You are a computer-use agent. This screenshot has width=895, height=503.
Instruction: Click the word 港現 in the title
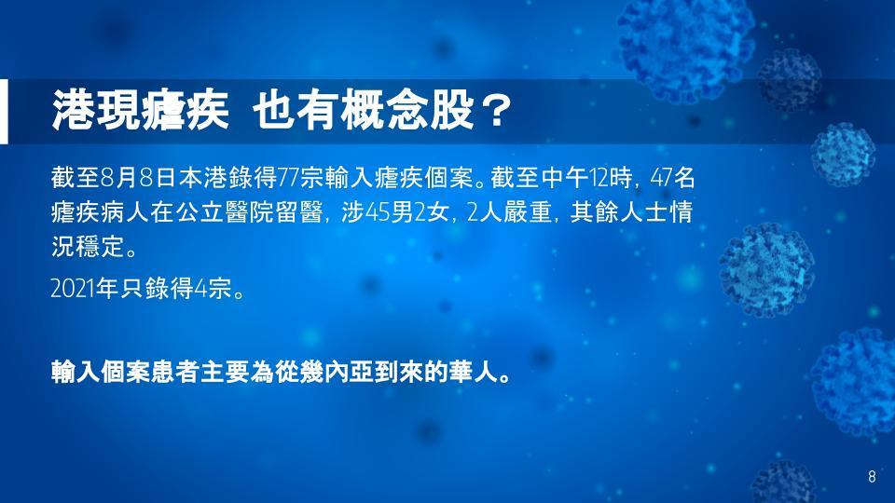click(x=95, y=110)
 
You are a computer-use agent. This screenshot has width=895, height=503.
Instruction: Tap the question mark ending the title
click(x=495, y=110)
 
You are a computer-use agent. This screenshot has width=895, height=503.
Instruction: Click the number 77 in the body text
click(x=288, y=179)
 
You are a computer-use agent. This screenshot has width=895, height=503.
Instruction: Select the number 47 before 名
click(x=662, y=179)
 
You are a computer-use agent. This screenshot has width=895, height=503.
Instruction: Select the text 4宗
click(x=213, y=289)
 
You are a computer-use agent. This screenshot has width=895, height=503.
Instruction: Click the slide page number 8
click(x=872, y=477)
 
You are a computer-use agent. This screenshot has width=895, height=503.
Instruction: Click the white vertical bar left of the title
click(x=4, y=111)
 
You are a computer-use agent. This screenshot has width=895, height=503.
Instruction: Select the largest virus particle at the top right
click(x=685, y=46)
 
